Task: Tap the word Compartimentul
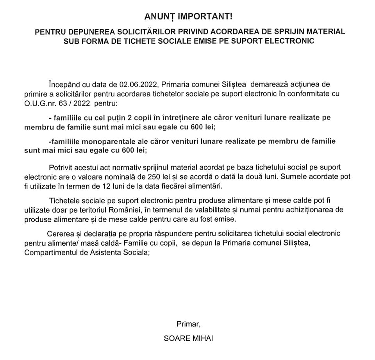pos(50,252)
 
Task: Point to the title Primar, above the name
pos(188,324)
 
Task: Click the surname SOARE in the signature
pos(175,338)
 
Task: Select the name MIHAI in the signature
pos(202,338)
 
